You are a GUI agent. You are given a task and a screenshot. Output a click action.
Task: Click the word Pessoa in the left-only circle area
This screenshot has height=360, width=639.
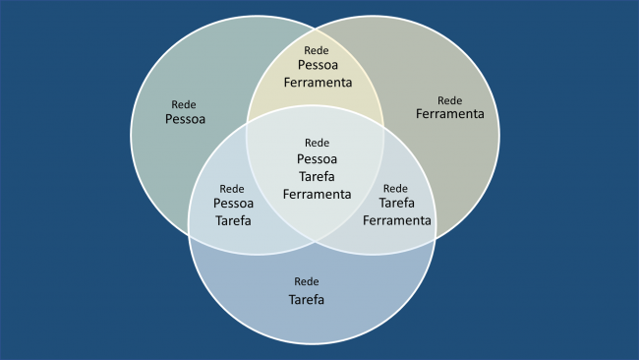pos(185,119)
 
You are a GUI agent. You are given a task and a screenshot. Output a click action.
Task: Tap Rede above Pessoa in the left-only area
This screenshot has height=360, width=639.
pos(184,103)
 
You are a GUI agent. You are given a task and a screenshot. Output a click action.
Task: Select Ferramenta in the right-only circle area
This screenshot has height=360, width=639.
pos(449,114)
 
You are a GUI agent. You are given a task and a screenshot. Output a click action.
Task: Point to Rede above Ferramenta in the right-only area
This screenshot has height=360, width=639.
pos(449,99)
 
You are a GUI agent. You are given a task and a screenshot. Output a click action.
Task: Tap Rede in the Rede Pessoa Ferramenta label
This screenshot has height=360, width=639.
pos(317,49)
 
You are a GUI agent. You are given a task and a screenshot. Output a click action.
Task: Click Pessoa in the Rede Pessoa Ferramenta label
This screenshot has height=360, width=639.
pos(317,65)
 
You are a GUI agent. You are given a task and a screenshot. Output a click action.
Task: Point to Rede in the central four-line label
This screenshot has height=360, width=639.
pos(317,143)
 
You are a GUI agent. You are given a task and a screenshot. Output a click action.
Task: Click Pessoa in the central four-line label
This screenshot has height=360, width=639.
pos(317,158)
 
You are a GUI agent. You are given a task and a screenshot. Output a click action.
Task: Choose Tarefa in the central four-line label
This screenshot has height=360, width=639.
pos(317,176)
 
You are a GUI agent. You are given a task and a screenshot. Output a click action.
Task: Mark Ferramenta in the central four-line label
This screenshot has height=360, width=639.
pos(317,194)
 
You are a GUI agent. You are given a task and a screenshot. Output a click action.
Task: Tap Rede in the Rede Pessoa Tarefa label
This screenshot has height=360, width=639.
pos(232,189)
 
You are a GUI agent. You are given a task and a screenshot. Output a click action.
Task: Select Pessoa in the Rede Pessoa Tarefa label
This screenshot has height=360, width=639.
pos(233,204)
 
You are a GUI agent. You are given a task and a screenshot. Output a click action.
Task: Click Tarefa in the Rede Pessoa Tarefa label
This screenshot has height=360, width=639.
pos(233,220)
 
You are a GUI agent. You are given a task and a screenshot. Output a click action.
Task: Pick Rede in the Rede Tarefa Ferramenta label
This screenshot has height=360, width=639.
pos(394,188)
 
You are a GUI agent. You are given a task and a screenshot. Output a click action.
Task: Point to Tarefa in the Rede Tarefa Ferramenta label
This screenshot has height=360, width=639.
pos(396,203)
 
